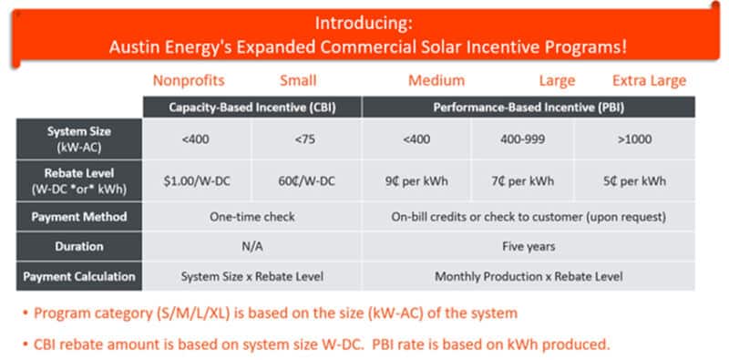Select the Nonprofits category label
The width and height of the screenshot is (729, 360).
[x=187, y=80]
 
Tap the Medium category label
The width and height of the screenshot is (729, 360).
[x=436, y=80]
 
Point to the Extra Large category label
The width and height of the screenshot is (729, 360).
[x=649, y=80]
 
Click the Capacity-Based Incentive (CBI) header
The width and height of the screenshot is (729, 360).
[x=252, y=108]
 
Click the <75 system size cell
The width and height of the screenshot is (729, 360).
[x=307, y=139]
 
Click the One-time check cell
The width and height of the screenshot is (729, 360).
[x=252, y=217]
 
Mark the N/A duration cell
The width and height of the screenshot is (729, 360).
[x=252, y=246]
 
